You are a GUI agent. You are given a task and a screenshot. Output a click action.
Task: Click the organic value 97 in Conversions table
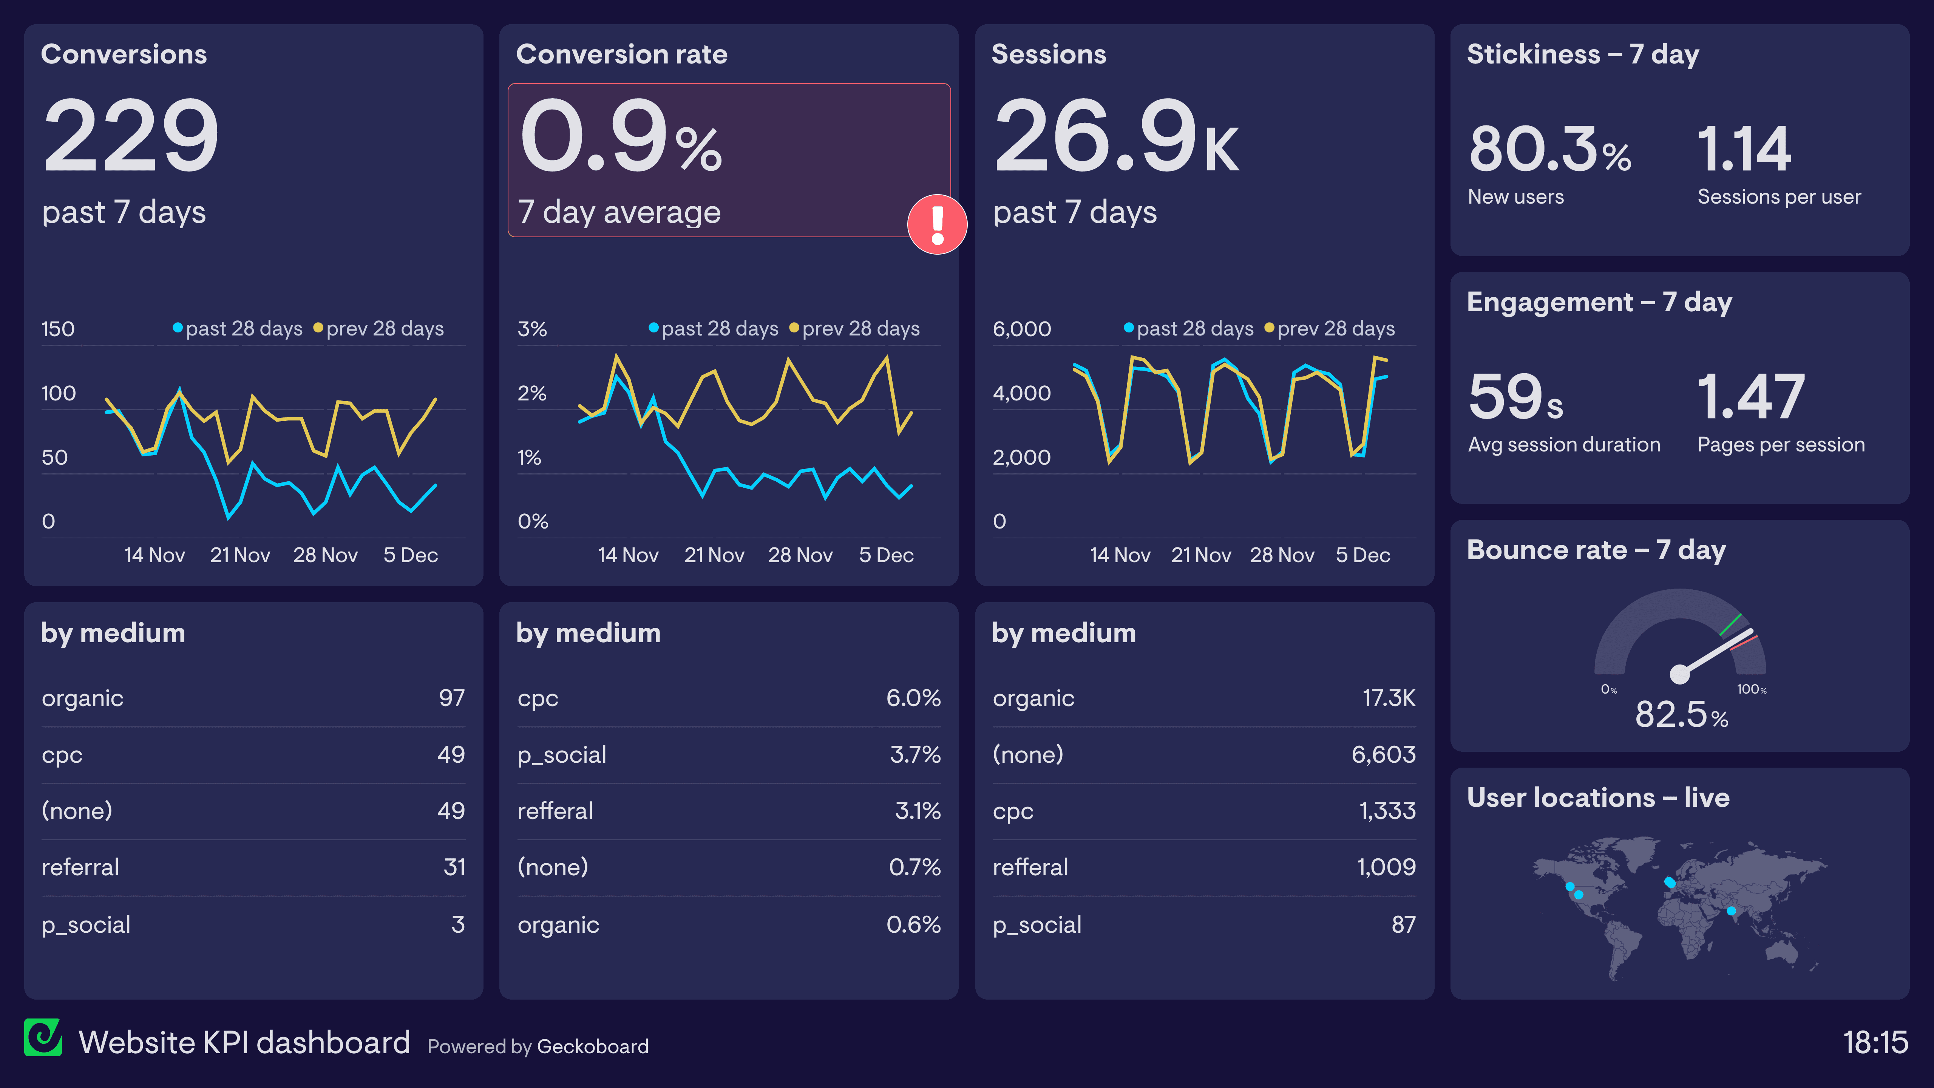[x=451, y=698]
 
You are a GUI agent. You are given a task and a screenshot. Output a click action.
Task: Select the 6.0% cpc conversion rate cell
[x=913, y=698]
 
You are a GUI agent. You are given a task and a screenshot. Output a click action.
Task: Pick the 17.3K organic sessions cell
[x=1388, y=698]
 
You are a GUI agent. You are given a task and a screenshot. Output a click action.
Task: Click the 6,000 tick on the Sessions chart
[x=1021, y=329]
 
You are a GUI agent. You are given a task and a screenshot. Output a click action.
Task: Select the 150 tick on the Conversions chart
[x=58, y=329]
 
